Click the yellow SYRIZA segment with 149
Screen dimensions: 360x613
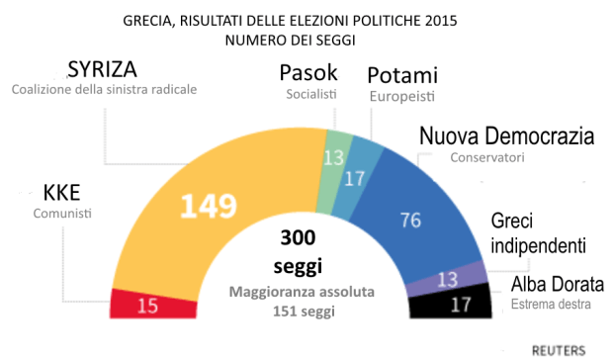208,205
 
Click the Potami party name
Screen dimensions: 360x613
401,75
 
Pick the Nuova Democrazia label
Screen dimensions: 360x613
505,136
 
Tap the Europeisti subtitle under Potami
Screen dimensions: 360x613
399,97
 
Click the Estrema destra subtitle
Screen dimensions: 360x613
549,306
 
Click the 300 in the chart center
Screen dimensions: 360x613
298,238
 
